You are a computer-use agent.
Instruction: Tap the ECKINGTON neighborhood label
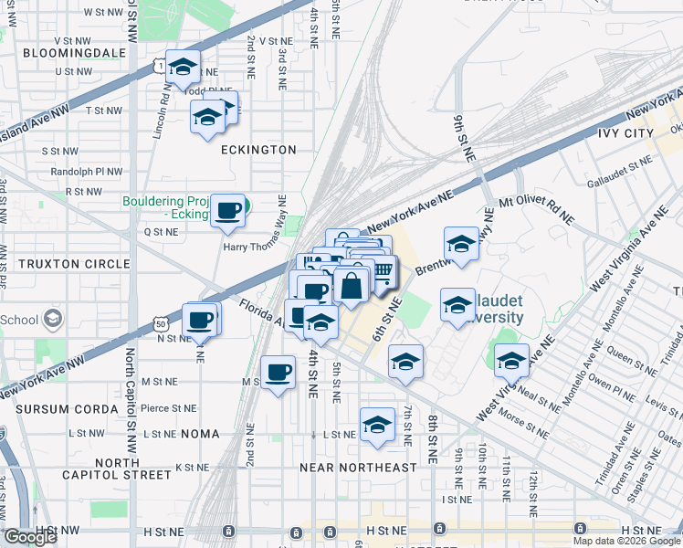click(259, 150)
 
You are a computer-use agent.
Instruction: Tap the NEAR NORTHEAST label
click(358, 468)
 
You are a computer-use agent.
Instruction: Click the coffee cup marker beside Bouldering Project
click(227, 210)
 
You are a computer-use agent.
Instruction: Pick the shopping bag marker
click(351, 286)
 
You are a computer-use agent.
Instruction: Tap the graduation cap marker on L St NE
click(377, 425)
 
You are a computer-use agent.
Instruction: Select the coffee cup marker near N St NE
click(200, 320)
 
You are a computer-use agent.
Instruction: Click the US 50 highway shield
click(161, 323)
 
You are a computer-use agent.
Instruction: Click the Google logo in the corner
click(29, 538)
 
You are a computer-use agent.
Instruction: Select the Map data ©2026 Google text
click(626, 541)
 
